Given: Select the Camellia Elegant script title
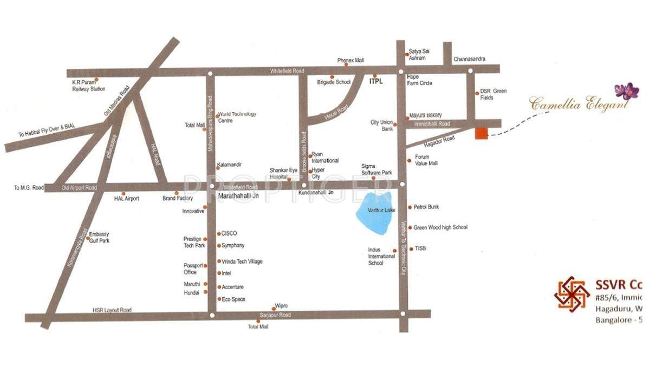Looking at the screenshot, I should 578,103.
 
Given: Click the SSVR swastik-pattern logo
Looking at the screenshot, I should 572,293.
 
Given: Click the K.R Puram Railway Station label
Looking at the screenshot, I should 89,86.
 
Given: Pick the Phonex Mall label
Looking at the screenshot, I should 351,61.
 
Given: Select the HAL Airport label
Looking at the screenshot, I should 126,199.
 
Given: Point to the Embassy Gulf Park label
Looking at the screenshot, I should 99,237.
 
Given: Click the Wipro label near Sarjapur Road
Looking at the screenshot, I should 281,306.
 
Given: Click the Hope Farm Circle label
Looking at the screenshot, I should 419,80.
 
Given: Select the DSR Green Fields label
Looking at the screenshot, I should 493,94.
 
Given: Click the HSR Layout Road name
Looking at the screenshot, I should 112,310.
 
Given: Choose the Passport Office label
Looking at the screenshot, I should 193,269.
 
